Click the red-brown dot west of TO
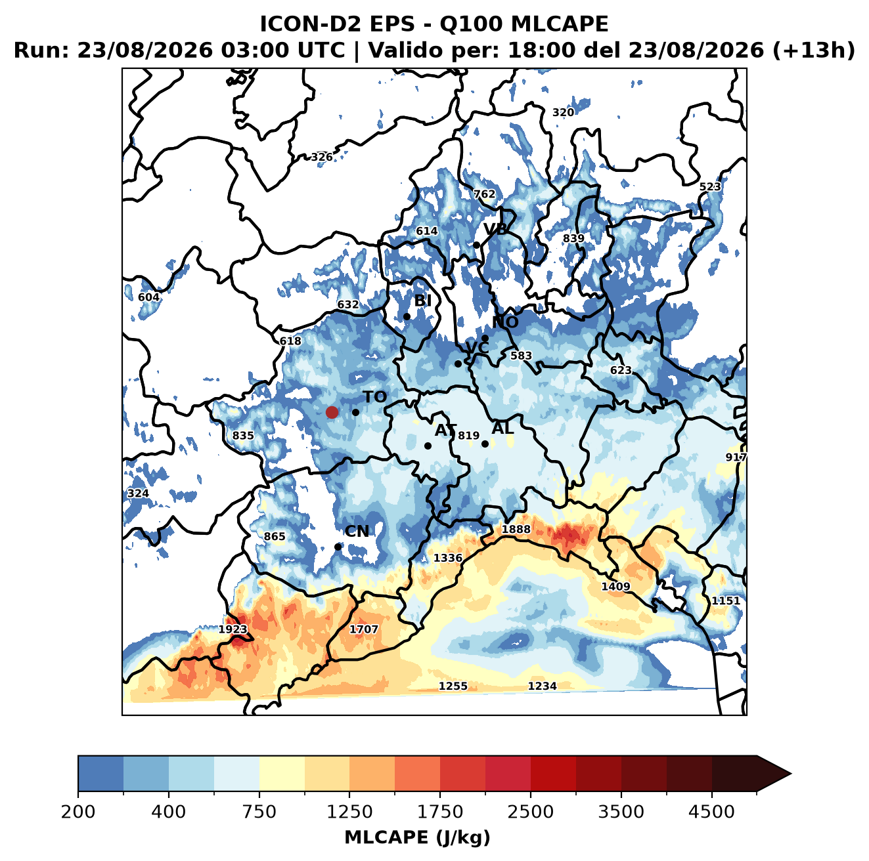[x=332, y=412]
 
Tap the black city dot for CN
[x=338, y=547]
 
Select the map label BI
[x=422, y=301]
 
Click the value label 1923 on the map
[x=233, y=629]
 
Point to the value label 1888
[x=516, y=530]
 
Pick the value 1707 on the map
[x=364, y=629]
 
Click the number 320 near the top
[x=564, y=112]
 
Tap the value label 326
[x=322, y=157]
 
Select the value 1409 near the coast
[x=615, y=587]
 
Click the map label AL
[x=503, y=429]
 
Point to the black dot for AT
[x=428, y=446]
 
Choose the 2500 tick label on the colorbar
[x=530, y=812]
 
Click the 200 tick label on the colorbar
[x=78, y=812]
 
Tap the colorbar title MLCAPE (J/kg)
[x=417, y=837]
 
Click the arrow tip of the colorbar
[x=791, y=774]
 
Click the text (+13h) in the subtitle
[x=814, y=51]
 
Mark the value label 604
[x=149, y=297]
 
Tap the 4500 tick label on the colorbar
[x=711, y=812]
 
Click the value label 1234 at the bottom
[x=543, y=686]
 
